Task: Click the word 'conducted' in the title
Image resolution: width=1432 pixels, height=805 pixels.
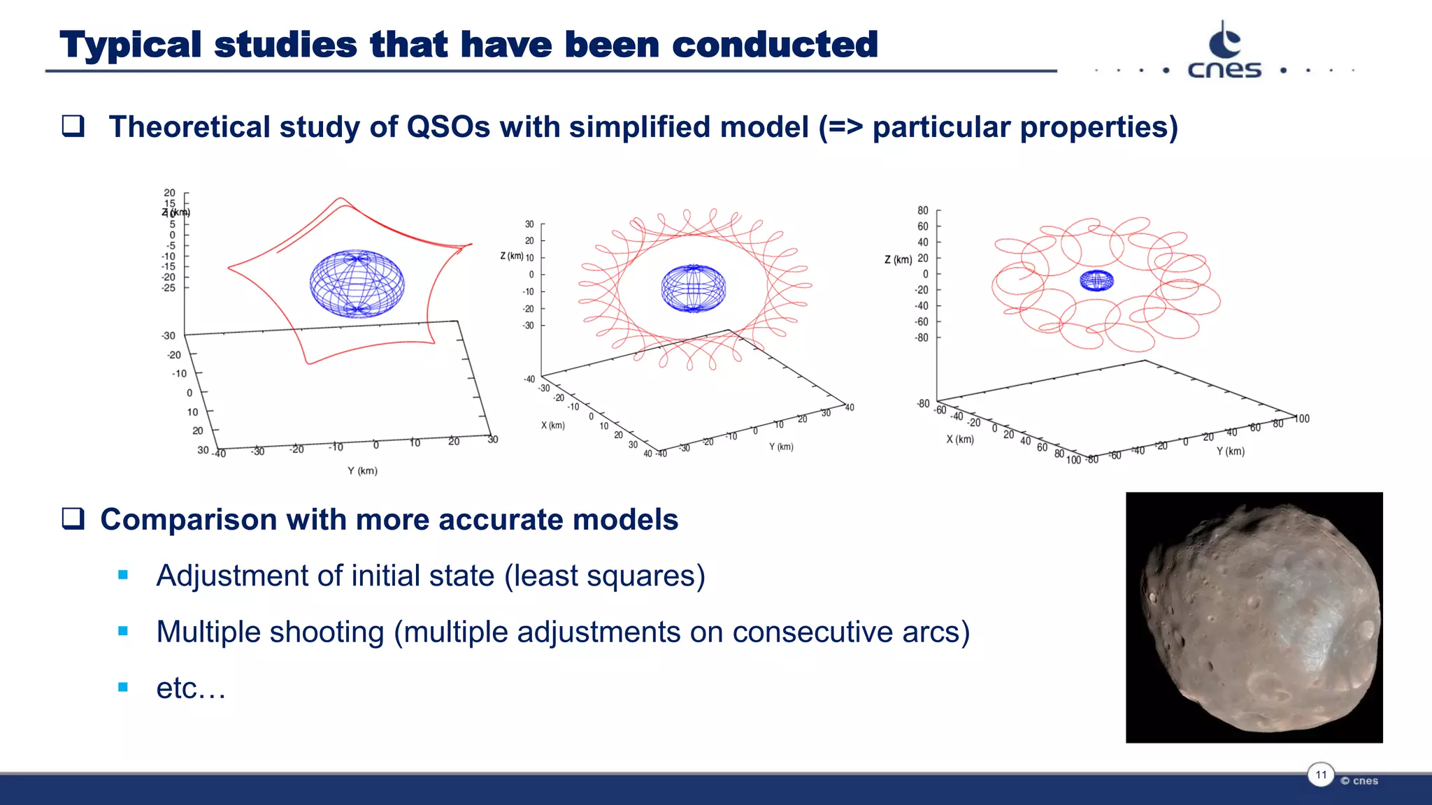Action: pyautogui.click(x=775, y=45)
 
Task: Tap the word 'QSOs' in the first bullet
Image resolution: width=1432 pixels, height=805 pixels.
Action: pyautogui.click(x=448, y=127)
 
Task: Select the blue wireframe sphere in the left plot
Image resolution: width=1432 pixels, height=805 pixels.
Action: pyautogui.click(x=357, y=284)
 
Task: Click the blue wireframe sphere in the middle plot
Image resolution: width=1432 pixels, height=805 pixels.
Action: pyautogui.click(x=693, y=288)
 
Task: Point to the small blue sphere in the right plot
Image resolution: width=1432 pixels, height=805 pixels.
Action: pyautogui.click(x=1096, y=280)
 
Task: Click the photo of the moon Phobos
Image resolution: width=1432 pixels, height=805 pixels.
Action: pyautogui.click(x=1254, y=617)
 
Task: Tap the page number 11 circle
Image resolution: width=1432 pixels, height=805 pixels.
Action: pyautogui.click(x=1321, y=774)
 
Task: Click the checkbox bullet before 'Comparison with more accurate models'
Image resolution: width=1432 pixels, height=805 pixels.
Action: pyautogui.click(x=73, y=519)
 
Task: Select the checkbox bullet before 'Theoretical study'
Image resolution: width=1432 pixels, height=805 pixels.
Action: pyautogui.click(x=73, y=126)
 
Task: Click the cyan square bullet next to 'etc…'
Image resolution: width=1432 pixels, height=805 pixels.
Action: pyautogui.click(x=123, y=688)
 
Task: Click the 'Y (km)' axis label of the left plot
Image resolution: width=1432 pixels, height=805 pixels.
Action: pyautogui.click(x=362, y=471)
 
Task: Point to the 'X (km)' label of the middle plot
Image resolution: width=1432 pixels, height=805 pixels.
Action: pyautogui.click(x=552, y=425)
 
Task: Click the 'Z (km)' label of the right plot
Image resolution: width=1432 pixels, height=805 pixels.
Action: pyautogui.click(x=898, y=259)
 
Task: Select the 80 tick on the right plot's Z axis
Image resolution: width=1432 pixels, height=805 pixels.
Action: pyautogui.click(x=923, y=210)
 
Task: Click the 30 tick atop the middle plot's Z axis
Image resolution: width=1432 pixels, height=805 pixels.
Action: pyautogui.click(x=529, y=224)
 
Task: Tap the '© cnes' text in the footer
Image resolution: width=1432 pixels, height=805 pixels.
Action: pyautogui.click(x=1359, y=781)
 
